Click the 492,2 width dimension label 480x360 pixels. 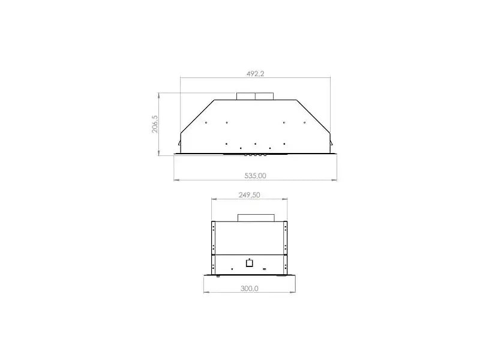point(256,74)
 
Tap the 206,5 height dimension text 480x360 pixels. point(155,124)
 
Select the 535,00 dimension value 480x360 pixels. point(256,176)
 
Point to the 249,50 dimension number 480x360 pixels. point(249,195)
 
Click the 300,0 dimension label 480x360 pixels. point(250,289)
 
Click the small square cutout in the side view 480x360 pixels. point(250,263)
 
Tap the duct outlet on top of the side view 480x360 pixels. point(256,218)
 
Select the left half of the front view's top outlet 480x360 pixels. point(246,96)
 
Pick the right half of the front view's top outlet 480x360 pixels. point(264,96)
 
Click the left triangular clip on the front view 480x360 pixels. point(179,143)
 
